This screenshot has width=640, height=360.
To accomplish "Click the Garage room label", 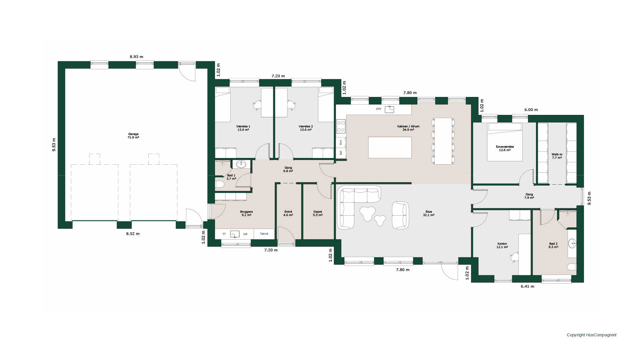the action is point(133,136).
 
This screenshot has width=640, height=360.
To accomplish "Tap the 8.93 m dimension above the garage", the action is point(136,57).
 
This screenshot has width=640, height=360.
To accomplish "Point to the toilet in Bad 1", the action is point(220,184).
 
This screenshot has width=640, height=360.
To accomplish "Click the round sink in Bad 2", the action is point(572,243).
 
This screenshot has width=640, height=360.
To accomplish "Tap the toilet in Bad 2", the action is point(572,267).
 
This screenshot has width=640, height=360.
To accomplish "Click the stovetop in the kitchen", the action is point(341,126).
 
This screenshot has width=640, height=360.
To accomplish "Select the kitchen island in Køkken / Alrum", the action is point(390,147).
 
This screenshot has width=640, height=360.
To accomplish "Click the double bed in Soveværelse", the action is point(505,142).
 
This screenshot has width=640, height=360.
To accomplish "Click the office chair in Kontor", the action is point(514,257).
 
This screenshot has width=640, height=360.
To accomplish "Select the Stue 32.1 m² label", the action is point(429,213).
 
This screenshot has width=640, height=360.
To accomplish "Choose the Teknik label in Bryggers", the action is point(264,234).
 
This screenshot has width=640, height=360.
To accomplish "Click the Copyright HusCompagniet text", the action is point(592,335).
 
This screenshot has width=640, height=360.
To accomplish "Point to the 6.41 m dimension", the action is point(527,286).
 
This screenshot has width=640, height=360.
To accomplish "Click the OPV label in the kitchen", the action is point(379,109).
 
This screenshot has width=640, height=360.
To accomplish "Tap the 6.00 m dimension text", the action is point(531,110).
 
